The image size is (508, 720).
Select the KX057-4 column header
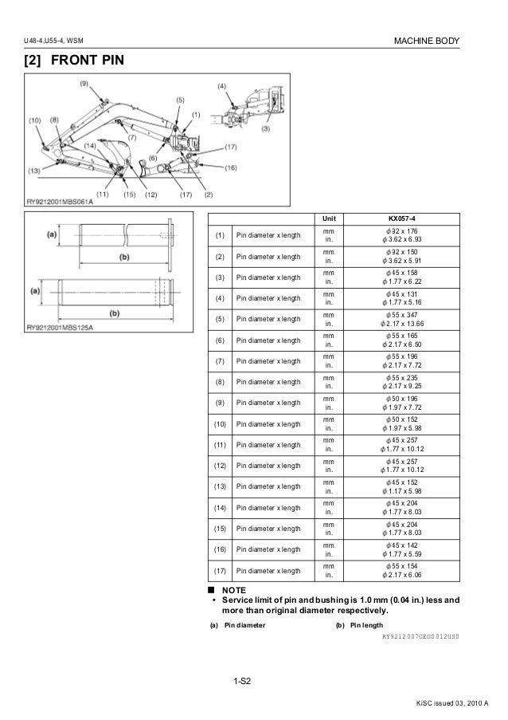(x=412, y=218)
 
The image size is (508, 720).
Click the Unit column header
(x=329, y=218)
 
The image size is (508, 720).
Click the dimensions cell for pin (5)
(x=412, y=319)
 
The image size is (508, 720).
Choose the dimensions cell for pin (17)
(x=412, y=569)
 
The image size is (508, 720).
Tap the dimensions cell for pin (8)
(x=412, y=382)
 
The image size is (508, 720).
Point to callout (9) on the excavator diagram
(x=84, y=83)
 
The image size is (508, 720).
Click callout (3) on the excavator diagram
(x=265, y=128)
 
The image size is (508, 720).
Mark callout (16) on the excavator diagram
(x=231, y=168)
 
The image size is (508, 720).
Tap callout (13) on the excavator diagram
(x=33, y=171)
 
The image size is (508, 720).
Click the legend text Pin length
(x=370, y=625)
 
